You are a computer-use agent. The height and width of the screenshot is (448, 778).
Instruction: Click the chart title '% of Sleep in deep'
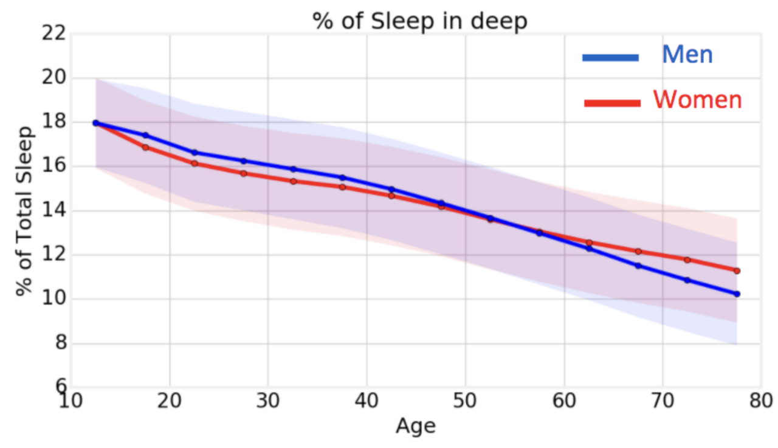[x=420, y=21]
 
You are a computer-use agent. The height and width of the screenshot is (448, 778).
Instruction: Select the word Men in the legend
[x=687, y=55]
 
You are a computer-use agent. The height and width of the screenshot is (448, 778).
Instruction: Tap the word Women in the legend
[x=697, y=100]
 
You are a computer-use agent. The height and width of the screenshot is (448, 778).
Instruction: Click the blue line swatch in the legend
[x=610, y=58]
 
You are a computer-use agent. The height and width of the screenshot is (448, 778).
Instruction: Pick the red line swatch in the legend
[x=612, y=103]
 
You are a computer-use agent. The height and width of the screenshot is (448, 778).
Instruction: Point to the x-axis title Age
[x=416, y=426]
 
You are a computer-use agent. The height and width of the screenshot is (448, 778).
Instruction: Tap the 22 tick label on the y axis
[x=53, y=34]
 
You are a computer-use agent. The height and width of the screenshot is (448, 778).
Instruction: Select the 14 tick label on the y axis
[x=53, y=211]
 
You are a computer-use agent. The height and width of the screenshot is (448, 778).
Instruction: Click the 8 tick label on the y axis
[x=58, y=344]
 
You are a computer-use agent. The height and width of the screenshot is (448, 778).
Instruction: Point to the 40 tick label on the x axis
[x=367, y=402]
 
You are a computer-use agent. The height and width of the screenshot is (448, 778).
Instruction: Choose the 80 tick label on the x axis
[x=760, y=402]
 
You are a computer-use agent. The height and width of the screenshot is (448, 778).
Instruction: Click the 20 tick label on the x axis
[x=170, y=402]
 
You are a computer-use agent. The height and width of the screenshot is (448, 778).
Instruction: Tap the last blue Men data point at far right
[x=737, y=294]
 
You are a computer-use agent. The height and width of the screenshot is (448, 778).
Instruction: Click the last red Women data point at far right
[x=737, y=271]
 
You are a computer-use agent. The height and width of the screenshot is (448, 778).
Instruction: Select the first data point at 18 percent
[x=95, y=123]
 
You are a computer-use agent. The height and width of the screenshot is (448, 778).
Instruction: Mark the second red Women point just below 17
[x=145, y=147]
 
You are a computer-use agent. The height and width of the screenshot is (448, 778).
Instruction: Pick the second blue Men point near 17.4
[x=145, y=135]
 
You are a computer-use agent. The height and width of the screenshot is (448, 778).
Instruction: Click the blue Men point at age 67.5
[x=638, y=266]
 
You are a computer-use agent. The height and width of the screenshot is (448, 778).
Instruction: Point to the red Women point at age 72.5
[x=687, y=260]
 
